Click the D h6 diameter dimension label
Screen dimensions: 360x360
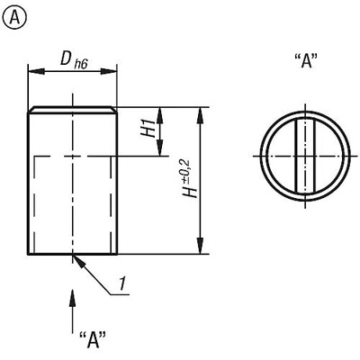74,60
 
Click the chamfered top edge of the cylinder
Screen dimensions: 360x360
74,110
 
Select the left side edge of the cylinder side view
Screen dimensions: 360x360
29,180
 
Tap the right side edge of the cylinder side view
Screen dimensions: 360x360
119,180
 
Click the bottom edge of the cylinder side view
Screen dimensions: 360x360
74,255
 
